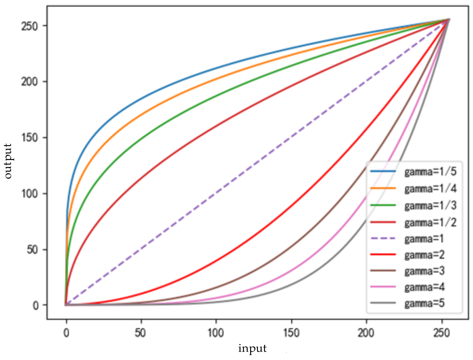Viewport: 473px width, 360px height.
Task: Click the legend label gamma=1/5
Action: [x=430, y=172]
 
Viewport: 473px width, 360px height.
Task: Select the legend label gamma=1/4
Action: [x=430, y=189]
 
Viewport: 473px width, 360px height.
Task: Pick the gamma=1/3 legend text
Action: [x=430, y=205]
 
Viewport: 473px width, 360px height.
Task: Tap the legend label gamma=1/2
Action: [x=430, y=222]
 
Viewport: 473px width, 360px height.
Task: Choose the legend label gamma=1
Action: [x=424, y=239]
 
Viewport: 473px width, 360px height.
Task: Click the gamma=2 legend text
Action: [x=424, y=255]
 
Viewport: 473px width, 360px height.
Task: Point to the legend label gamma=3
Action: [x=424, y=271]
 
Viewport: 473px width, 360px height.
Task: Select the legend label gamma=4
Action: [x=424, y=287]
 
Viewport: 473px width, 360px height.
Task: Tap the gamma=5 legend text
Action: [x=424, y=303]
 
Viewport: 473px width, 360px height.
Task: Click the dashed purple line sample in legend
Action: [x=383, y=239]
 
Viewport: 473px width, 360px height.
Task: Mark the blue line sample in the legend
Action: [x=383, y=172]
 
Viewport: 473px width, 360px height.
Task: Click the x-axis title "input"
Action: [x=252, y=348]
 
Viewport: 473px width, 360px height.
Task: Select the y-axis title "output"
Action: [x=8, y=161]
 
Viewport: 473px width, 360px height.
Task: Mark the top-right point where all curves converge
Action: [x=448, y=19]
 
